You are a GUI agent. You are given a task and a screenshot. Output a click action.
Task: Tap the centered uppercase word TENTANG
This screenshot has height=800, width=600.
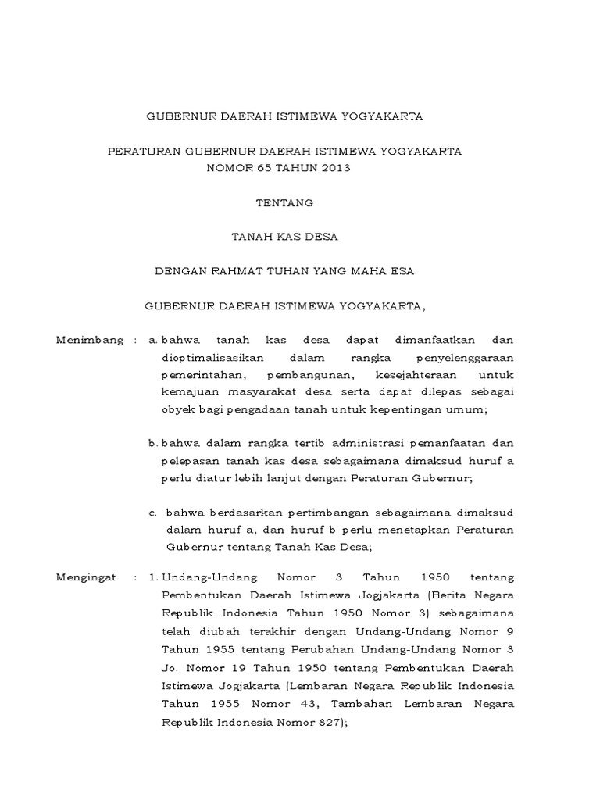(x=284, y=202)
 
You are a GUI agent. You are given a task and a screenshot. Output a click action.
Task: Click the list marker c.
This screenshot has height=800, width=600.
(x=152, y=513)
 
